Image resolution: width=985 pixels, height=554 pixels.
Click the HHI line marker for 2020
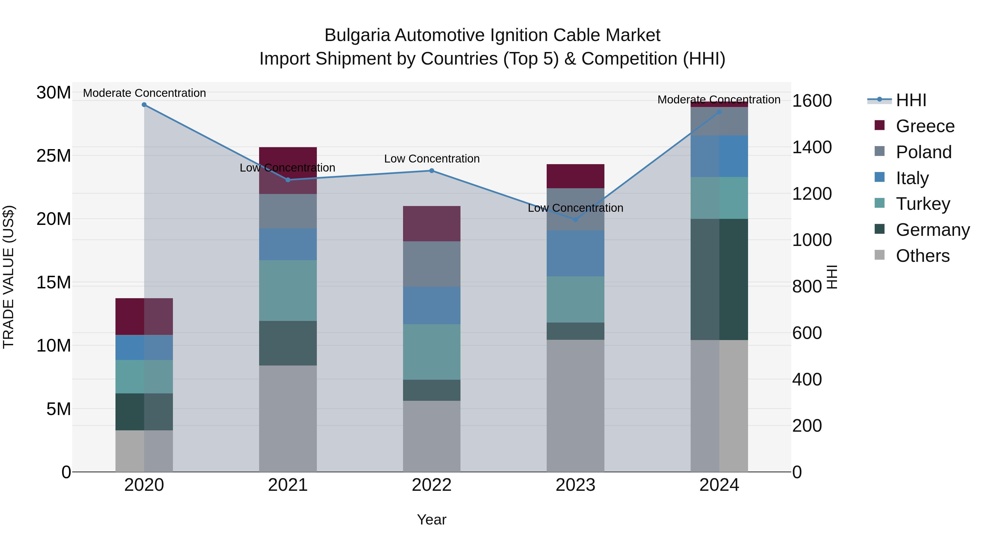coord(144,105)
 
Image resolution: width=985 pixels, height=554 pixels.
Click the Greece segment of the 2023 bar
coord(575,176)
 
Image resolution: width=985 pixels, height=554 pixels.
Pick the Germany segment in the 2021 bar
coord(288,343)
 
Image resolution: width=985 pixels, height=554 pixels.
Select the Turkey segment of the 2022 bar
coord(432,352)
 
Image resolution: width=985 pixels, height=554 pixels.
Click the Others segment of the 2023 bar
coord(575,406)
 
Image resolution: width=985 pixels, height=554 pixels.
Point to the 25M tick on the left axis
coord(54,156)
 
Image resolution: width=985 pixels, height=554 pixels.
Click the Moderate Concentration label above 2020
coord(144,93)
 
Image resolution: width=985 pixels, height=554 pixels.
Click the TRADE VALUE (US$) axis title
coord(9,277)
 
